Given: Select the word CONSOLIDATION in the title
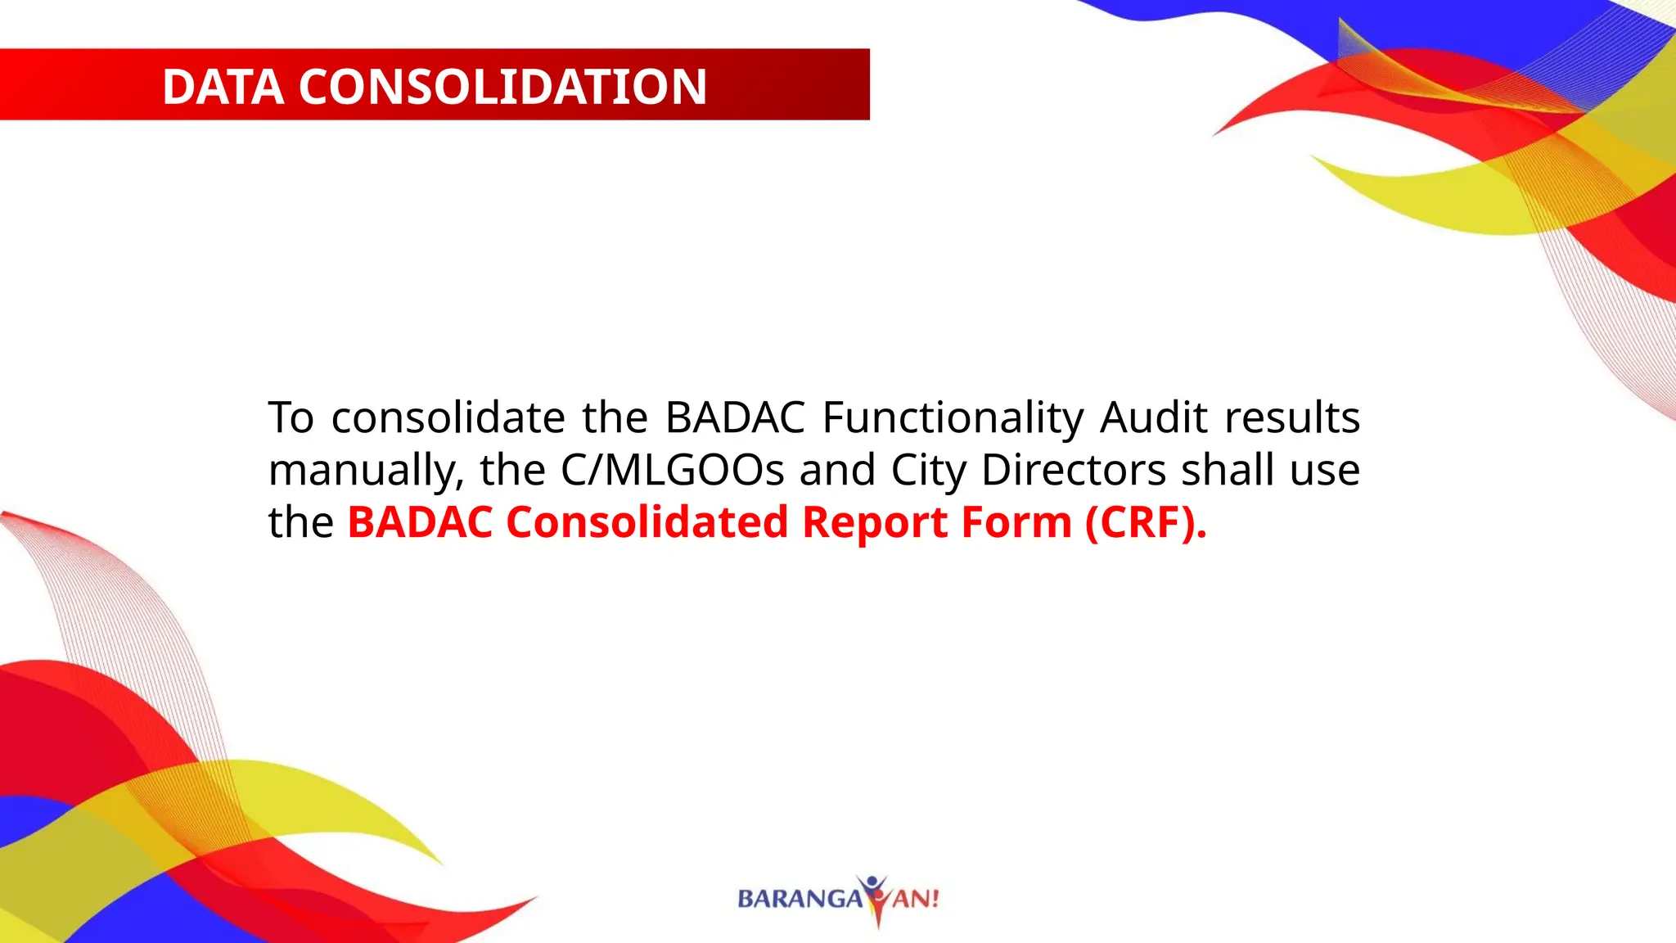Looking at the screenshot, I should [x=502, y=87].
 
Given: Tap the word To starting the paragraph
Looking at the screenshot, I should [x=291, y=417].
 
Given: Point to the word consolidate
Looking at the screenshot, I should [x=448, y=417].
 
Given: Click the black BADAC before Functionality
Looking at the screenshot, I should [x=735, y=417].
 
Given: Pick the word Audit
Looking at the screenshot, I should [x=1154, y=417].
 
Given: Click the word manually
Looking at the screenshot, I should [x=366, y=471].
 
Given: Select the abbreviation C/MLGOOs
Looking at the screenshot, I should [x=672, y=470].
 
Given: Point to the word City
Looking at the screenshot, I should [x=928, y=471].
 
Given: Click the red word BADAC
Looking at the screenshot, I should [x=420, y=522].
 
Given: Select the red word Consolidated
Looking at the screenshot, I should [x=647, y=522].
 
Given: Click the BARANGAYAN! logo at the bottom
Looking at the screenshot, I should [x=838, y=899].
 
